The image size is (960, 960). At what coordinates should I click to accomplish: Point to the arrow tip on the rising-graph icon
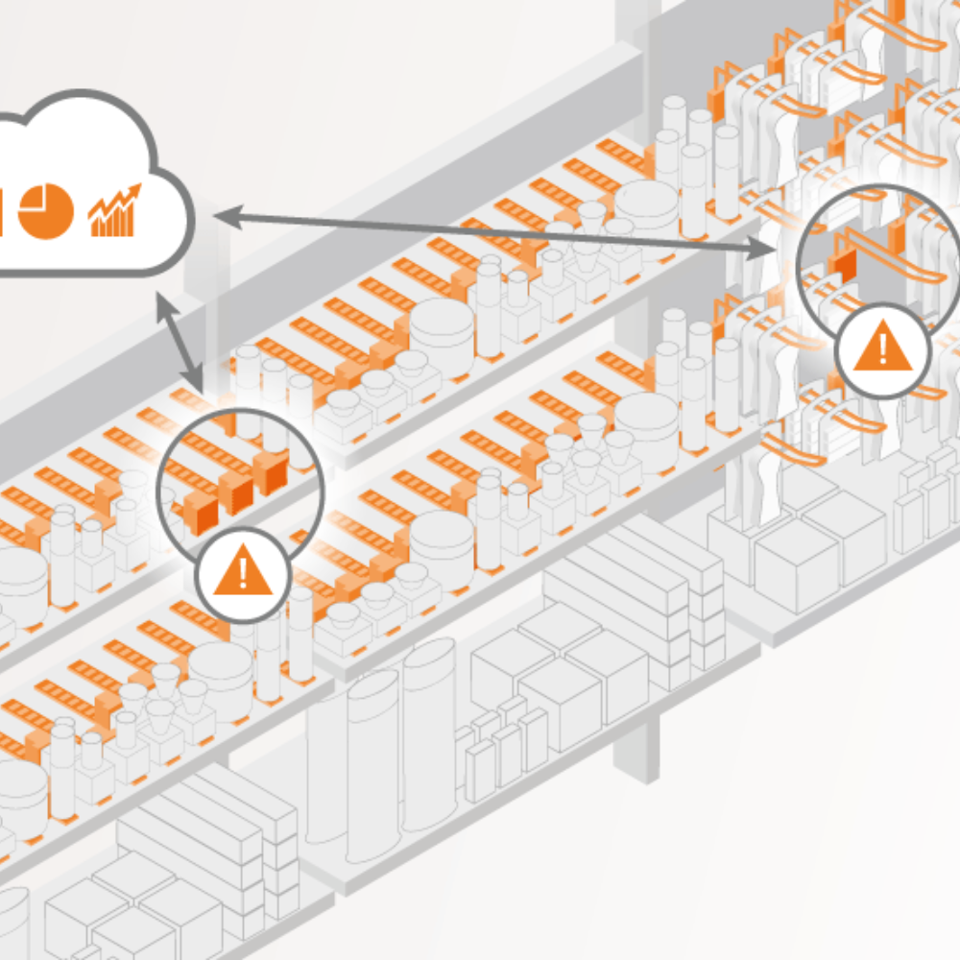coord(136,189)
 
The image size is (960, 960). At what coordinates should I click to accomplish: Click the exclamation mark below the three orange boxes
coord(243,573)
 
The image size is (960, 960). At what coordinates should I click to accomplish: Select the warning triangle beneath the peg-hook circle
coord(882,349)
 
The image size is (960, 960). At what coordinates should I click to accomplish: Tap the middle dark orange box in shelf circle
coord(235,492)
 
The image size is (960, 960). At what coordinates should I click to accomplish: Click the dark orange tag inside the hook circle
coord(845,266)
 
